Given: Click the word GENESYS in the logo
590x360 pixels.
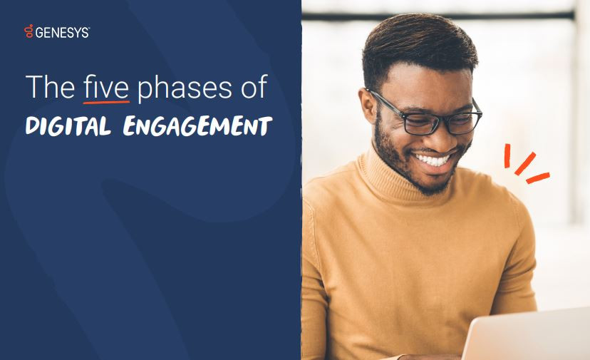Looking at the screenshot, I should tap(62, 31).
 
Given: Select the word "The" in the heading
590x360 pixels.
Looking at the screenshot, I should tap(49, 88).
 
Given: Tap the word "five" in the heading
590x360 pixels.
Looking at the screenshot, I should tap(105, 88).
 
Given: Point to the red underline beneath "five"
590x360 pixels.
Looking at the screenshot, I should tap(106, 102).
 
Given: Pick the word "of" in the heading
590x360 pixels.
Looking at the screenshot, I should tap(253, 88).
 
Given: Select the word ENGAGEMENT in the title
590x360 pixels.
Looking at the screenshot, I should tap(197, 127).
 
